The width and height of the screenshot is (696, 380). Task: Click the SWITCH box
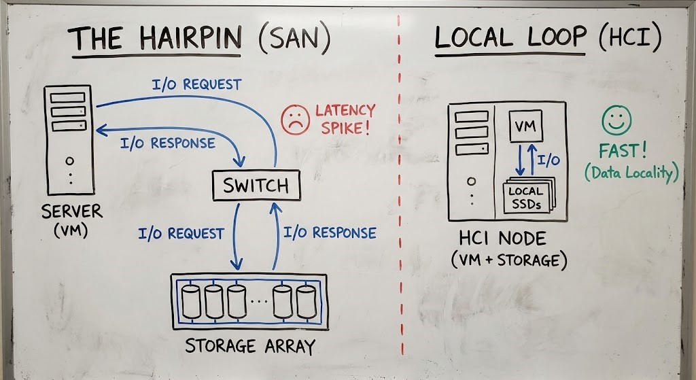[x=249, y=185]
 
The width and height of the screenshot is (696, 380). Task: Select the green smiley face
[x=616, y=121]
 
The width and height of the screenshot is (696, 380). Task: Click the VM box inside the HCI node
[x=525, y=126]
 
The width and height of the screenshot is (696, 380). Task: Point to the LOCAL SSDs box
[x=526, y=196]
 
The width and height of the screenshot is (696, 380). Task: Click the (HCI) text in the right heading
[x=629, y=39]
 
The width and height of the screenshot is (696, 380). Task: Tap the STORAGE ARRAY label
[x=250, y=346]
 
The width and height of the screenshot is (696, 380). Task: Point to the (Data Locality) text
[x=631, y=173]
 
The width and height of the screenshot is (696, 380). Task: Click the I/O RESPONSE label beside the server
[x=167, y=143]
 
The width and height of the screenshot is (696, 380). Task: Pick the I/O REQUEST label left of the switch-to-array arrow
[x=181, y=234]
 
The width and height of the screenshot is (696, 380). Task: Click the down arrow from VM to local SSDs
[x=520, y=158]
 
